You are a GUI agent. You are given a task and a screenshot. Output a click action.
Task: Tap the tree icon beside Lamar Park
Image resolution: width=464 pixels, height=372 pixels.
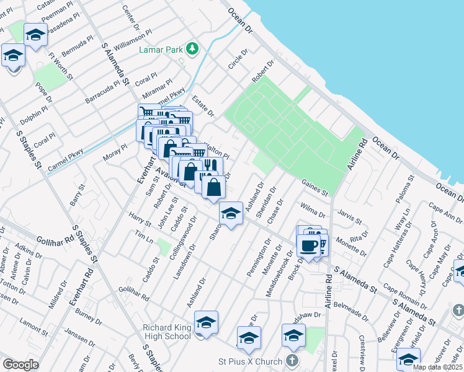pyautogui.click(x=193, y=48)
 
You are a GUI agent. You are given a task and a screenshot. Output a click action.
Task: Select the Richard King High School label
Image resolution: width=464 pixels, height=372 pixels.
pyautogui.click(x=166, y=330)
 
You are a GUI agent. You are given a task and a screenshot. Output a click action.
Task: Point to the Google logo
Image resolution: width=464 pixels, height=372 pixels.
pyautogui.click(x=20, y=364)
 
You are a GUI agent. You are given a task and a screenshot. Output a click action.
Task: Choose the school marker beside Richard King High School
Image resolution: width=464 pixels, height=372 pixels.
pyautogui.click(x=206, y=323)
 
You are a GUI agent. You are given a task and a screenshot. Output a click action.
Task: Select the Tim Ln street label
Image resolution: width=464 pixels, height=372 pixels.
pyautogui.click(x=144, y=237)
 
